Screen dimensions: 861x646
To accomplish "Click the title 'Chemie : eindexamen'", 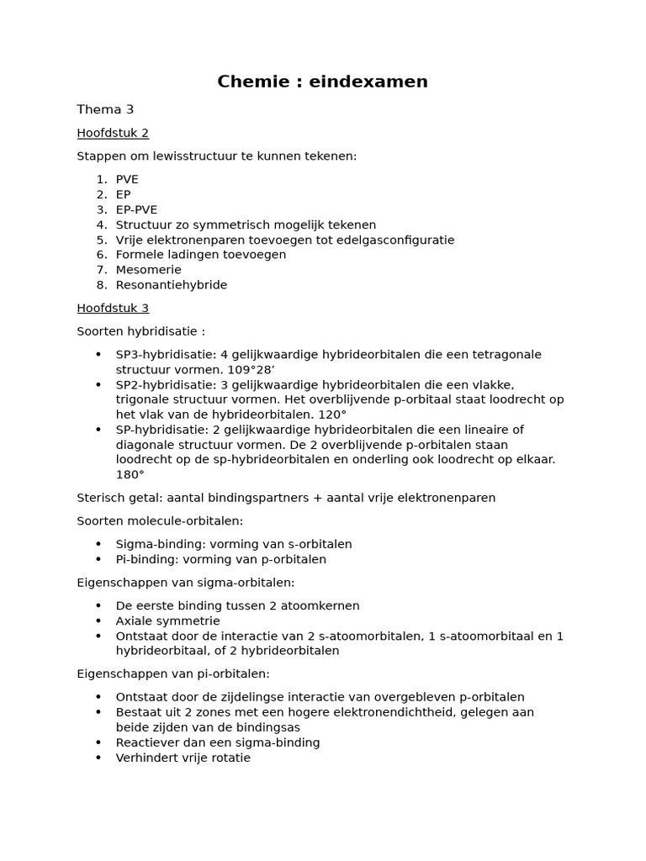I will point(322,82).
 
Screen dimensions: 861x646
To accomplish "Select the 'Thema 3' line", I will point(105,109).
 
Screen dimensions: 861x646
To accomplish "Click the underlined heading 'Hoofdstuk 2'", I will point(113,133).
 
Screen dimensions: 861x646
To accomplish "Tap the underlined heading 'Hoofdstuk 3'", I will point(113,308).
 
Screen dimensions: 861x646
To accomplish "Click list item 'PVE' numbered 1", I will point(127,179).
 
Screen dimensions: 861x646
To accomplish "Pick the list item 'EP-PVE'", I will point(136,209).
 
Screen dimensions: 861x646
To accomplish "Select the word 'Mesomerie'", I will point(148,270).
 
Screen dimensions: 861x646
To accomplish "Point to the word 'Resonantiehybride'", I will point(172,285).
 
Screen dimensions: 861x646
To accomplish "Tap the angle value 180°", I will point(130,475).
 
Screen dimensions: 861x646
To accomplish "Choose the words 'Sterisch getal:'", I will point(117,498).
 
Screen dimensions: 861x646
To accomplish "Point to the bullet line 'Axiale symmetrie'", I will point(167,621).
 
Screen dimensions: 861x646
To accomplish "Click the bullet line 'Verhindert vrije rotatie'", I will point(183,758).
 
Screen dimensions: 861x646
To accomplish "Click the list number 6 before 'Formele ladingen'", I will point(100,255).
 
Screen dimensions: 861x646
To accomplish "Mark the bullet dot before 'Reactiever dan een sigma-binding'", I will point(98,742).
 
